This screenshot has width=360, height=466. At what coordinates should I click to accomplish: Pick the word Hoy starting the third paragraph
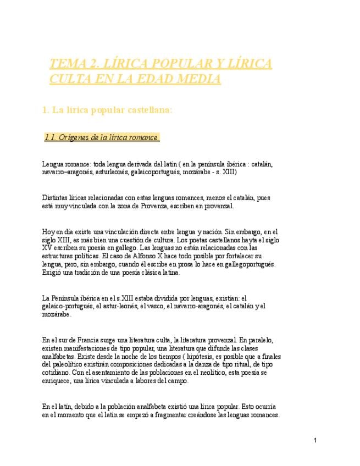click(x=48, y=232)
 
